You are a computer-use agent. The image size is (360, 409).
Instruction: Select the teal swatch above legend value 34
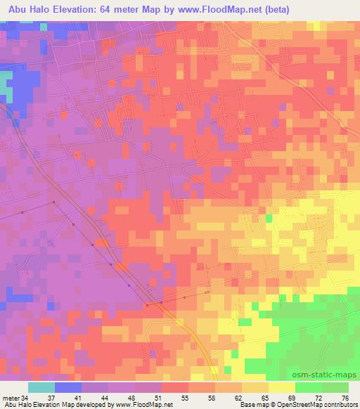[x=41, y=388]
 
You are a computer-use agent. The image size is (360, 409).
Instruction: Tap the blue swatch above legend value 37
[x=68, y=388]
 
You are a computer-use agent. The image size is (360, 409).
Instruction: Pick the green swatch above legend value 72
[x=309, y=388]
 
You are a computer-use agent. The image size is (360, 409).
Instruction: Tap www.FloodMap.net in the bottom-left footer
[x=144, y=405]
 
